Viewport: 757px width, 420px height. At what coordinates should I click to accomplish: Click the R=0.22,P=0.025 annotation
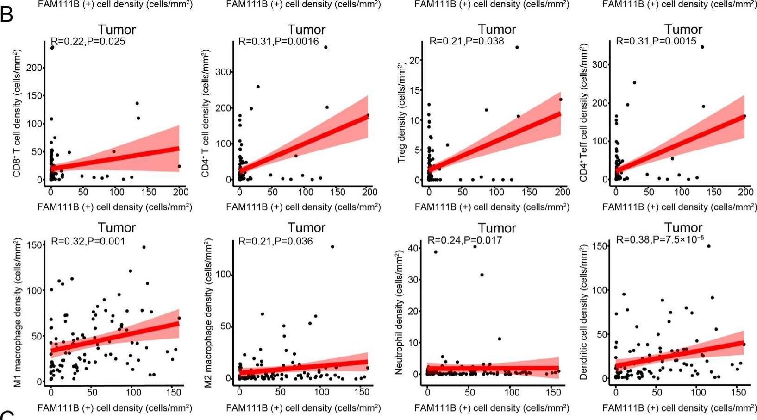(x=88, y=41)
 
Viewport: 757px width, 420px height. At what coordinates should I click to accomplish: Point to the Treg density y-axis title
(x=401, y=113)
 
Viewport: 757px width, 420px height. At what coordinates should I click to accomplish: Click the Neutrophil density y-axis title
(x=399, y=313)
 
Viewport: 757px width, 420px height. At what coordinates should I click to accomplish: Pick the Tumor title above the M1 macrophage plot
(x=116, y=228)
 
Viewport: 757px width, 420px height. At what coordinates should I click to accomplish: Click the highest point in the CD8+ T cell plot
(x=52, y=47)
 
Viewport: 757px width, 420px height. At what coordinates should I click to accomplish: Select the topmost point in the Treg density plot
(x=517, y=47)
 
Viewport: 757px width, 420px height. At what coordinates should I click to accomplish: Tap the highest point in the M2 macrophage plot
(x=332, y=247)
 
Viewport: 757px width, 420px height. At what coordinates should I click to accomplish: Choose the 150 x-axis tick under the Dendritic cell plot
(x=738, y=393)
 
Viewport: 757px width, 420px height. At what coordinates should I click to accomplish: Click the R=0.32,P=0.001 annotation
(x=88, y=241)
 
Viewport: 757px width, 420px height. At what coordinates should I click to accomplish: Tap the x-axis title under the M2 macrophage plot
(x=303, y=408)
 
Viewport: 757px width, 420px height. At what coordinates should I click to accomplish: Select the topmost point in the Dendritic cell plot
(x=708, y=246)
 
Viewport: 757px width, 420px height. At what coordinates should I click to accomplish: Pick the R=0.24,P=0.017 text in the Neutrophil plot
(x=464, y=240)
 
